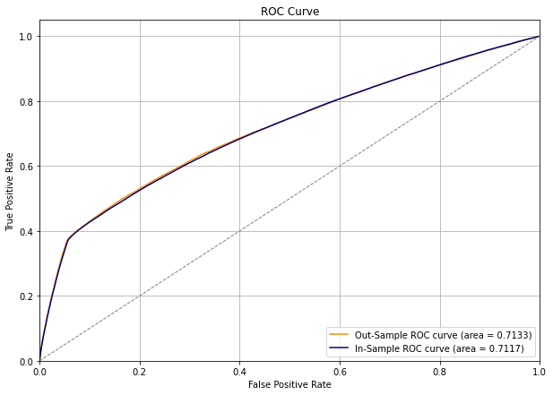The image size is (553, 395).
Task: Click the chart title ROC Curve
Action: (289, 12)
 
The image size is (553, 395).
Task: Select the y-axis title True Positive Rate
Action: (11, 191)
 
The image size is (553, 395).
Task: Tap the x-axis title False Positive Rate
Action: (289, 384)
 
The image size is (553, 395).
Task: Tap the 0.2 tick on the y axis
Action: (26, 296)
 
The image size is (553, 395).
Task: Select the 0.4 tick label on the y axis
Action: (26, 231)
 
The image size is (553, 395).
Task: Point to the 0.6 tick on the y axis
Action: (26, 167)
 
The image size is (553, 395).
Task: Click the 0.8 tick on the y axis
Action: (26, 101)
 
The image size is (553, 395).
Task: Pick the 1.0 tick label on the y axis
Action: (26, 37)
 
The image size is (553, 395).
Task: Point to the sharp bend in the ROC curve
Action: (67, 239)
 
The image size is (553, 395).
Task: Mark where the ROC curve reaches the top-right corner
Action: (538, 37)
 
